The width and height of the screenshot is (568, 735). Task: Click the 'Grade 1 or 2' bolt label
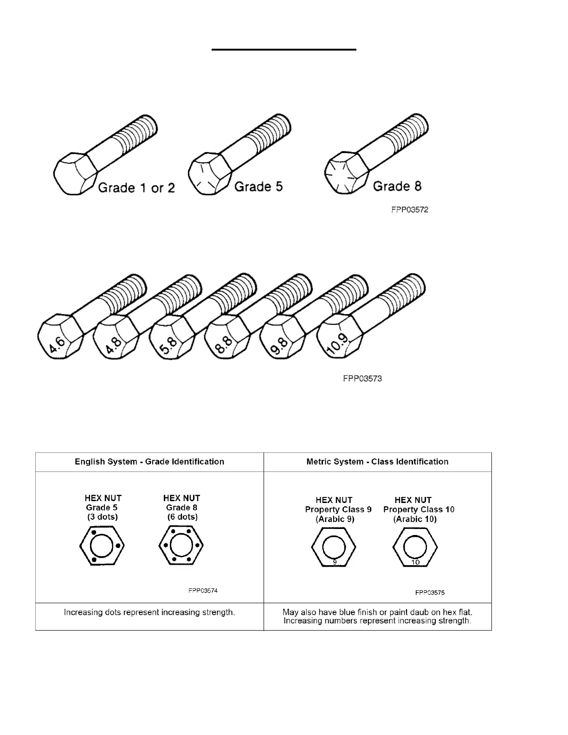tap(136, 188)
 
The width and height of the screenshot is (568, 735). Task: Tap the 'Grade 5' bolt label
tap(258, 187)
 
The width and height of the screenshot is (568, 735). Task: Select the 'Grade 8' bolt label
tap(397, 186)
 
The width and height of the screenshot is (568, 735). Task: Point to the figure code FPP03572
tap(409, 210)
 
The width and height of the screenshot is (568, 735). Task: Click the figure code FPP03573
tap(362, 379)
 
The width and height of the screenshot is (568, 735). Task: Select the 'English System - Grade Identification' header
tap(149, 462)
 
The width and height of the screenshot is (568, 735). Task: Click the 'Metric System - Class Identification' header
tap(377, 462)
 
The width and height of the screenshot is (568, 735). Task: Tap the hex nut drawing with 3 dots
tap(102, 546)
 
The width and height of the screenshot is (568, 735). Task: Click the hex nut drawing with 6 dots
tap(181, 546)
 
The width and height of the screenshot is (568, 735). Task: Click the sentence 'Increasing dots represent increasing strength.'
tap(149, 612)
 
